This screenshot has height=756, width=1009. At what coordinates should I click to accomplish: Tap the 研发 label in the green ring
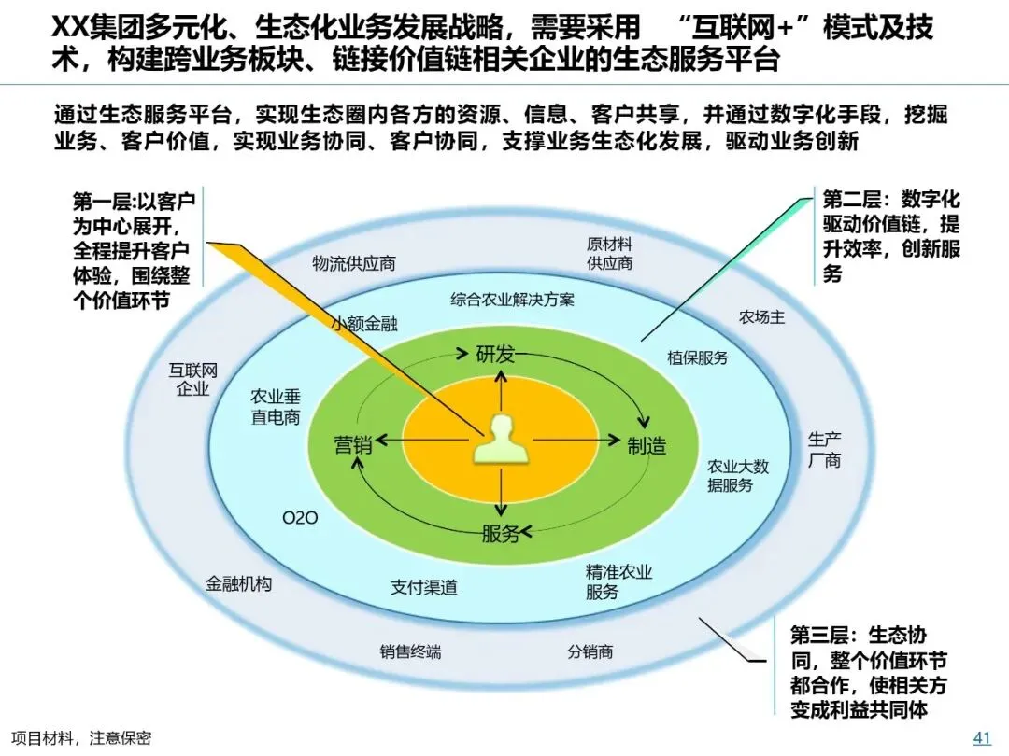click(x=496, y=354)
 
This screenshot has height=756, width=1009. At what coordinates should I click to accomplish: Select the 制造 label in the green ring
click(x=647, y=446)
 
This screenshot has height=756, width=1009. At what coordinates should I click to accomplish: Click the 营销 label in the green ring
click(x=353, y=445)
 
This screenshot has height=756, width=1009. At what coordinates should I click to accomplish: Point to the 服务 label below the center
click(x=501, y=534)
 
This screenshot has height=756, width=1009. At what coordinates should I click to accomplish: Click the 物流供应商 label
click(x=353, y=263)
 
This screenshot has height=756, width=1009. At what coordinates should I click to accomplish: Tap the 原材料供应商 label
click(x=609, y=253)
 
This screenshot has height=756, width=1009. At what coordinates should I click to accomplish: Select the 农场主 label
click(x=761, y=317)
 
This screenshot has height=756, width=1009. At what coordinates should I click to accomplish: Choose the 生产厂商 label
click(x=825, y=449)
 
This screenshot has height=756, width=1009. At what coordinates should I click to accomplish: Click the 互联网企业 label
click(x=193, y=379)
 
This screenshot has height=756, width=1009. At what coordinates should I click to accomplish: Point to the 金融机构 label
click(x=239, y=584)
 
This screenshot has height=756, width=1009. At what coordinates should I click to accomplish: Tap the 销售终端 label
click(x=410, y=651)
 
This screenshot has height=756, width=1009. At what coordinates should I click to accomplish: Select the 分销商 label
click(x=590, y=651)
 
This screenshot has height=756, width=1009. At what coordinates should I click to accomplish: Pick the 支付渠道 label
click(x=424, y=587)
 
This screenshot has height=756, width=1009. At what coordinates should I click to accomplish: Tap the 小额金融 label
click(x=364, y=324)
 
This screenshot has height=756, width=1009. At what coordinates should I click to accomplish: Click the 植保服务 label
click(x=697, y=357)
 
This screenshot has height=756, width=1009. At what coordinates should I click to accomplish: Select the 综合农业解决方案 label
click(x=512, y=300)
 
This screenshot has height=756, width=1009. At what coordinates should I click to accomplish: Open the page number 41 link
click(x=982, y=737)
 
